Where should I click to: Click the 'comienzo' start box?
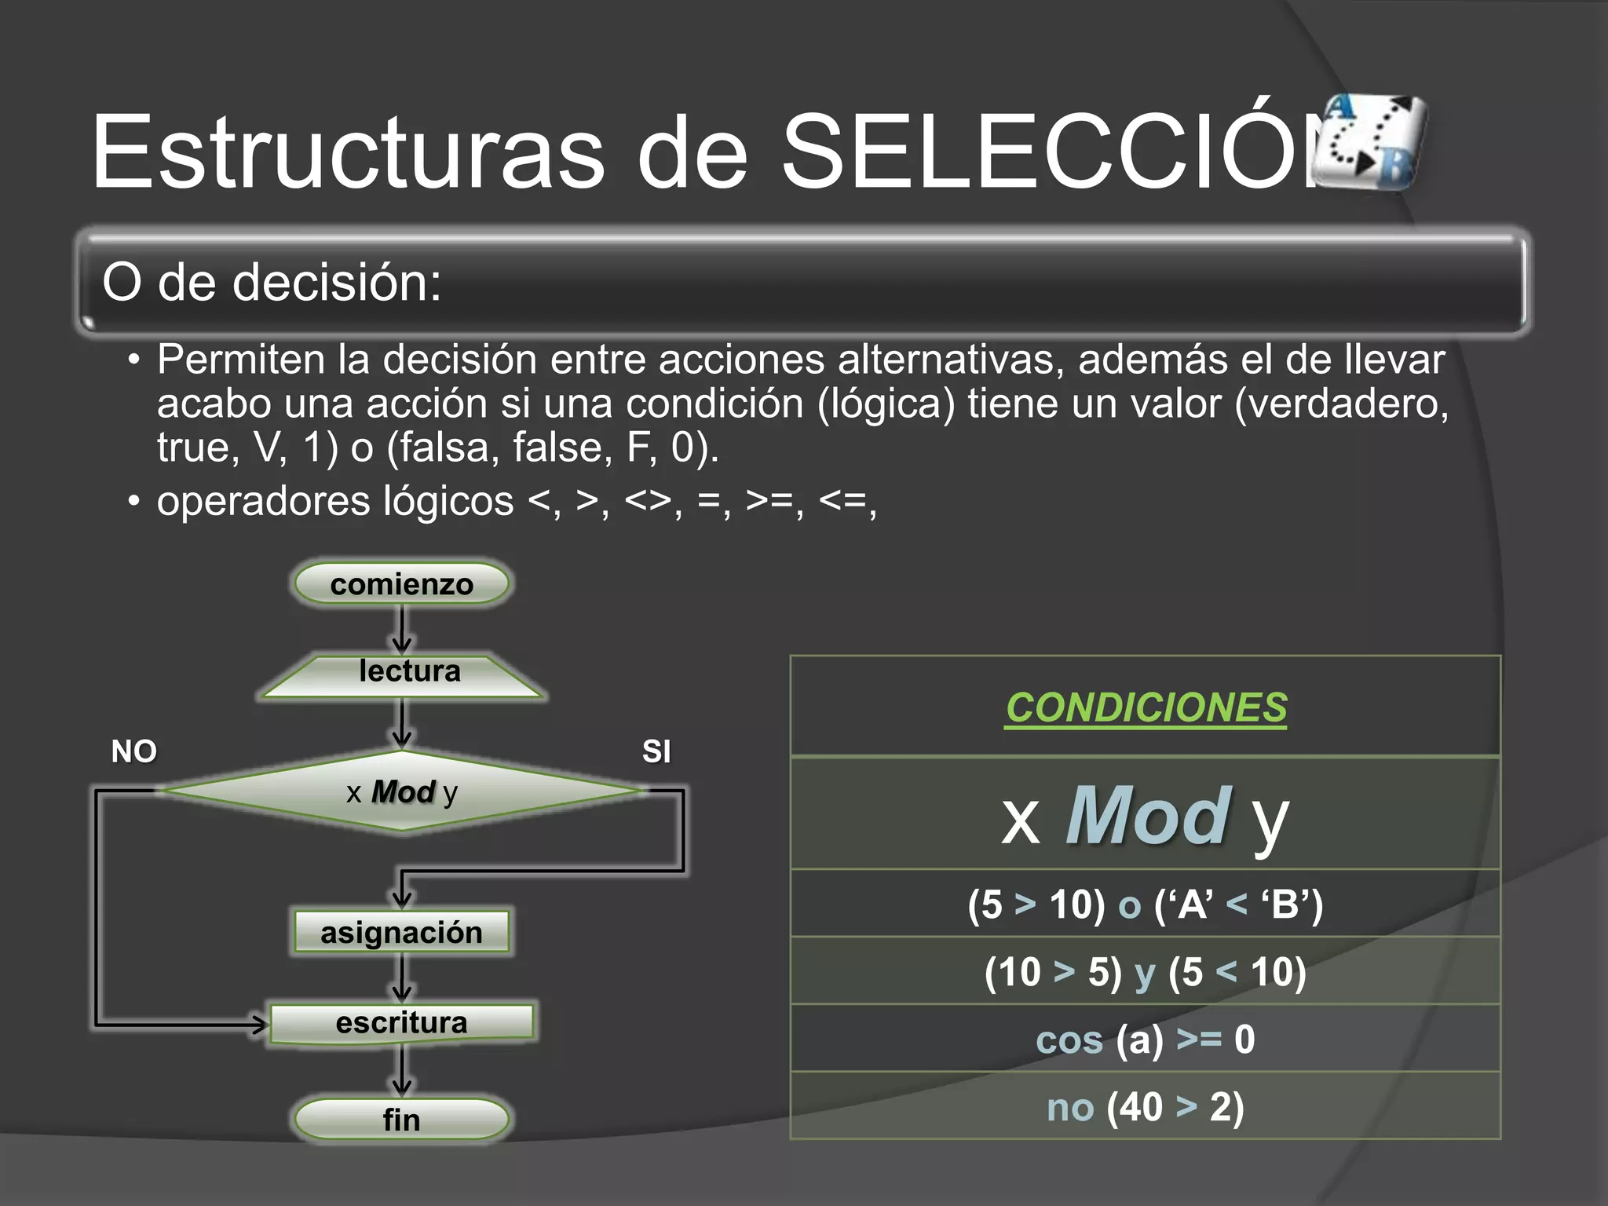coord(401,584)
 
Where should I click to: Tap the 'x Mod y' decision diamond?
coord(401,791)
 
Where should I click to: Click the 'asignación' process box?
coord(401,933)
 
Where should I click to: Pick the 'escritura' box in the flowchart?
coord(401,1023)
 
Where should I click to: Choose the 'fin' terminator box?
coord(401,1119)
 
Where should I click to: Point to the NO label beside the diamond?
coord(133,751)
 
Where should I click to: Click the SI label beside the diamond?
coord(656,751)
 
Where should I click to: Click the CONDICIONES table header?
coord(1146,707)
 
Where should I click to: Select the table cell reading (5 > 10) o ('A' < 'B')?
coord(1146,904)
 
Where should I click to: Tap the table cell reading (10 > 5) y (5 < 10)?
coord(1146,971)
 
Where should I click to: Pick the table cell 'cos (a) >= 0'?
coord(1146,1039)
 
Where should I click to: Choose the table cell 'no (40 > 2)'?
coord(1146,1106)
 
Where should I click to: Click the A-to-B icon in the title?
coord(1370,141)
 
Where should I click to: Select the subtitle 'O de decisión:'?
coord(272,282)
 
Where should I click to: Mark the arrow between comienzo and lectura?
coord(402,630)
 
